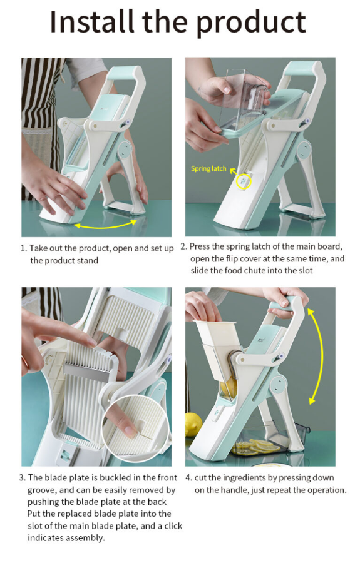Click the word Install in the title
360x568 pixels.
tap(92, 22)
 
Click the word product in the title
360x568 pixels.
tap(251, 23)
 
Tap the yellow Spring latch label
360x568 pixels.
tap(208, 168)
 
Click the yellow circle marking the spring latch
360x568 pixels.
tap(244, 181)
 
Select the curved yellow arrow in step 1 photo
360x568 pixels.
tap(106, 225)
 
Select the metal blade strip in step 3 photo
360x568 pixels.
tap(88, 373)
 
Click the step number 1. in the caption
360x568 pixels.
tap(24, 248)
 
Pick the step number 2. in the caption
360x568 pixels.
tap(184, 246)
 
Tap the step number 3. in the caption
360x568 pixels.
tap(23, 478)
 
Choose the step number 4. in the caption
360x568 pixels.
tap(188, 478)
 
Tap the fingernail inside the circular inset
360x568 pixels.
tap(130, 431)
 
